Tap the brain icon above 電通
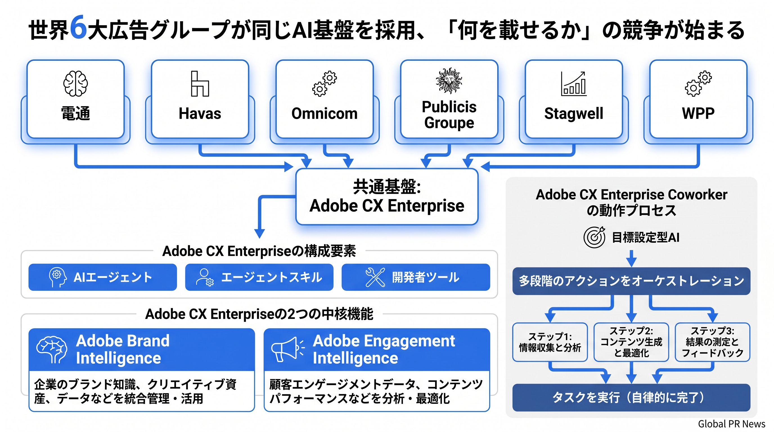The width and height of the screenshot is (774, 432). tap(75, 84)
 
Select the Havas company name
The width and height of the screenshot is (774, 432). tap(200, 114)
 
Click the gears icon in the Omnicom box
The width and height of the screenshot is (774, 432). tap(325, 84)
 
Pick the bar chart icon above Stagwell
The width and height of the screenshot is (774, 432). tap(573, 84)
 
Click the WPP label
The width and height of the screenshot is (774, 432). tap(698, 113)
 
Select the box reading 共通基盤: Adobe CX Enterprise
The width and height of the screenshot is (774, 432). tap(387, 197)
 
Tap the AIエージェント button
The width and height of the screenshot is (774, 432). tap(102, 277)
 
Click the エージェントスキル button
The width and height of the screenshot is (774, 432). tap(259, 277)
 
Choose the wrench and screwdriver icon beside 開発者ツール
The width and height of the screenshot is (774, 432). tap(375, 277)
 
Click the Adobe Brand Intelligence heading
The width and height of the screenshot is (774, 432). tap(123, 349)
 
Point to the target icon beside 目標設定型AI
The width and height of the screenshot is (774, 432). tap(594, 237)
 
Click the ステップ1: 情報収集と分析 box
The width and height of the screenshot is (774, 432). tap(550, 342)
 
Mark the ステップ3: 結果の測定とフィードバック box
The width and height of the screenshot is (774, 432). tap(712, 342)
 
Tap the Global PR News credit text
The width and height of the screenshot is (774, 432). tap(731, 424)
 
